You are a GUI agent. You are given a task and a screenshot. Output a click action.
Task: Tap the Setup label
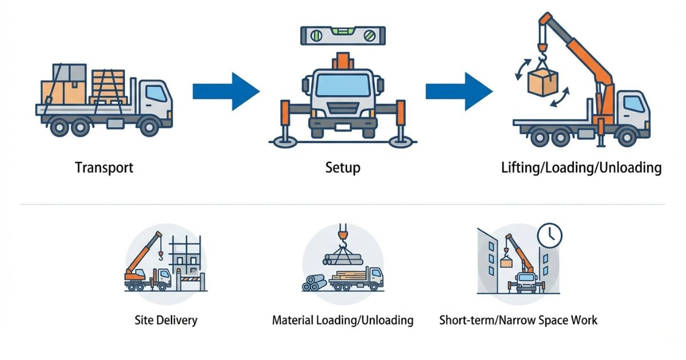pyautogui.click(x=342, y=167)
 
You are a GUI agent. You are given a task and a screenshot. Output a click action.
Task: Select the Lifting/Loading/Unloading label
pyautogui.click(x=581, y=168)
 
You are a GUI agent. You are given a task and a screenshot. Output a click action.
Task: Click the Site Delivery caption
pyautogui.click(x=166, y=319)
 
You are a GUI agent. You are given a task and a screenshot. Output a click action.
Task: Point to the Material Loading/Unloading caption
pyautogui.click(x=342, y=319)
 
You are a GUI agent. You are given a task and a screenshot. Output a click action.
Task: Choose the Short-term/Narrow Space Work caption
pyautogui.click(x=518, y=319)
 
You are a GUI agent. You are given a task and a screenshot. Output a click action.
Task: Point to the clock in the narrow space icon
pyautogui.click(x=550, y=234)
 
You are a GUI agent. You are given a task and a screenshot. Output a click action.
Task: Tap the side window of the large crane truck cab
pyautogui.click(x=633, y=104)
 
